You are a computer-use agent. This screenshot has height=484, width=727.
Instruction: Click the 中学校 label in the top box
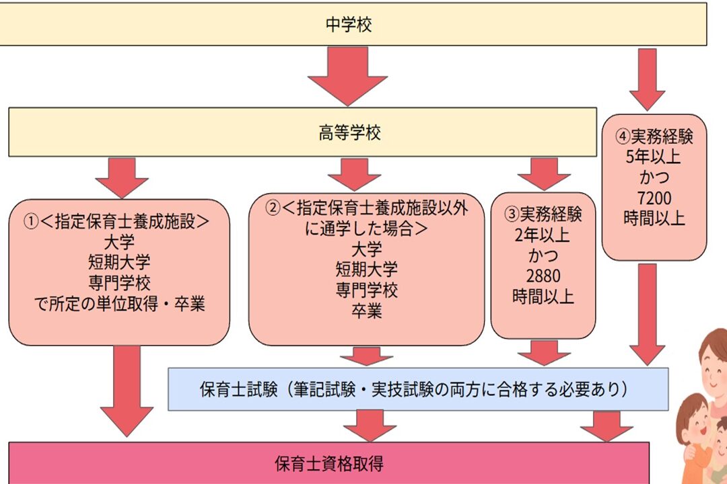pos(349,24)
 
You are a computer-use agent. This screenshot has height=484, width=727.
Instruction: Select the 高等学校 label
pos(349,133)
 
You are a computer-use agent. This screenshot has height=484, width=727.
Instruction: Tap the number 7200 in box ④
pos(654,198)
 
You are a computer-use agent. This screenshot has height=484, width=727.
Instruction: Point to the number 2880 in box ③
pos(543,276)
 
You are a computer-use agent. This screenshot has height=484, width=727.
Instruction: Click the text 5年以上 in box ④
pos(653,157)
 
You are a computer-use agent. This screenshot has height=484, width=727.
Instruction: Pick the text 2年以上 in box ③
pos(542,235)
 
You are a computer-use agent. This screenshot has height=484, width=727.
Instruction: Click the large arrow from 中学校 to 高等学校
pos(348,76)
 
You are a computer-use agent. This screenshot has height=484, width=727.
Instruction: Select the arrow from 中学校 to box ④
pos(648,79)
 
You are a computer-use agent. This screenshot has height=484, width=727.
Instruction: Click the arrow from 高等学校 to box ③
pos(544,174)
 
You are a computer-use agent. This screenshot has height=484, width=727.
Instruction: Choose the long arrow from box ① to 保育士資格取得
pos(127,391)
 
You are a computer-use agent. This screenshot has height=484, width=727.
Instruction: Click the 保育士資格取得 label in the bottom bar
pos(329,463)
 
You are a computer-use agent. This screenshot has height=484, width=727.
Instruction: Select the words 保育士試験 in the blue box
pos(238,389)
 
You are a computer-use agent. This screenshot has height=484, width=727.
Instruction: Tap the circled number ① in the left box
pos(31,221)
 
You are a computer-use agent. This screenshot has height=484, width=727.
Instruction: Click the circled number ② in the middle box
pos(273,208)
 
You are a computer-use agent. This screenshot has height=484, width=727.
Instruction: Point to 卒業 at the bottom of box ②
pos(367,311)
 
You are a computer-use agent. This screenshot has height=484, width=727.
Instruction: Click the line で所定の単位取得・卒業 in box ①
pos(120,304)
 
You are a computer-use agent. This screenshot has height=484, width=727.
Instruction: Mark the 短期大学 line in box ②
pos(367,270)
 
